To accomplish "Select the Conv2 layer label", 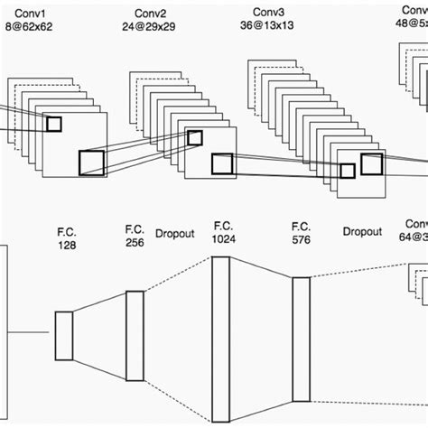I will point(150,14).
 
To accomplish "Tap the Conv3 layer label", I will point(267,13).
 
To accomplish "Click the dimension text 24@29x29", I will point(150,28).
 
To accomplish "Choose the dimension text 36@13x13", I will point(267,26).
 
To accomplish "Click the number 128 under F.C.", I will point(67,246).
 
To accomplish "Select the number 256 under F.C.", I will point(135,244).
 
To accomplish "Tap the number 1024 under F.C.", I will point(223,237).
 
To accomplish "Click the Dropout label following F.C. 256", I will point(175,232).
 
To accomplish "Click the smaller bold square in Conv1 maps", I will point(53,125).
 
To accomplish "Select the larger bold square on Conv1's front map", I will point(91,163).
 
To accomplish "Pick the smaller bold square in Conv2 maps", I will point(194,137).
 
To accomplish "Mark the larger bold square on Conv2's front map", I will point(222,163).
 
